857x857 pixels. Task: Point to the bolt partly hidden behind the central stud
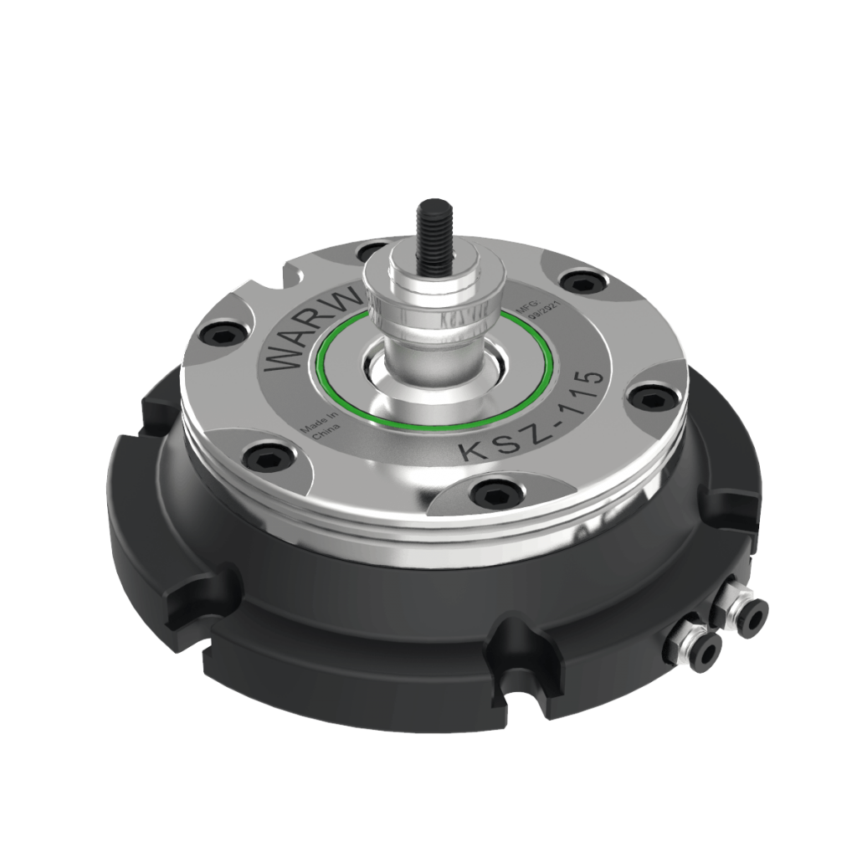coord(368,251)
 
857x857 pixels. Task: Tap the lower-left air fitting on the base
coord(706,649)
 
